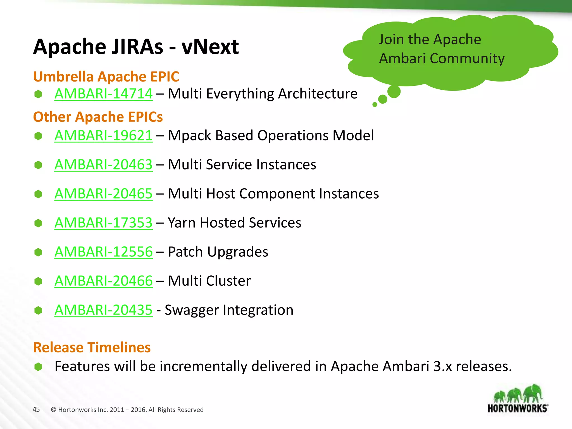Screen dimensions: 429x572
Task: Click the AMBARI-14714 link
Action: pyautogui.click(x=103, y=94)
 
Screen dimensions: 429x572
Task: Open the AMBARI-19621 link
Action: pyautogui.click(x=103, y=135)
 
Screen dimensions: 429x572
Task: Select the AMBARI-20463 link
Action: pyautogui.click(x=103, y=165)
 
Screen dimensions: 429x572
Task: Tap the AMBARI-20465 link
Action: pyautogui.click(x=103, y=194)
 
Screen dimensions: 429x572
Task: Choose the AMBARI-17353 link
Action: pyautogui.click(x=103, y=223)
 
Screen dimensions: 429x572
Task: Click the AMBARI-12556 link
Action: pyautogui.click(x=103, y=252)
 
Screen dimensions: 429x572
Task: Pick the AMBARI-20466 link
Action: pyautogui.click(x=103, y=281)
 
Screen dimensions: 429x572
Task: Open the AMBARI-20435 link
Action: pyautogui.click(x=103, y=310)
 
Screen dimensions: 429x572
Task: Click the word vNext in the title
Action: pyautogui.click(x=210, y=47)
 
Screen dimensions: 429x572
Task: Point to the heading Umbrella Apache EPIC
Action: pyautogui.click(x=106, y=77)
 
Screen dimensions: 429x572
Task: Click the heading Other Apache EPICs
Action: pyautogui.click(x=98, y=117)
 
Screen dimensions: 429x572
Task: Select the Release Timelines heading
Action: pyautogui.click(x=92, y=347)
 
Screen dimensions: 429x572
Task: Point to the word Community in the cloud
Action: pyautogui.click(x=467, y=59)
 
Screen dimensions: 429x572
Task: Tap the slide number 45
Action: pyautogui.click(x=36, y=409)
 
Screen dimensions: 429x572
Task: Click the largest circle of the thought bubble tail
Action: pyautogui.click(x=394, y=92)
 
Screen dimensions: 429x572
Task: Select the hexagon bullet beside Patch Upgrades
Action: pyautogui.click(x=38, y=252)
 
